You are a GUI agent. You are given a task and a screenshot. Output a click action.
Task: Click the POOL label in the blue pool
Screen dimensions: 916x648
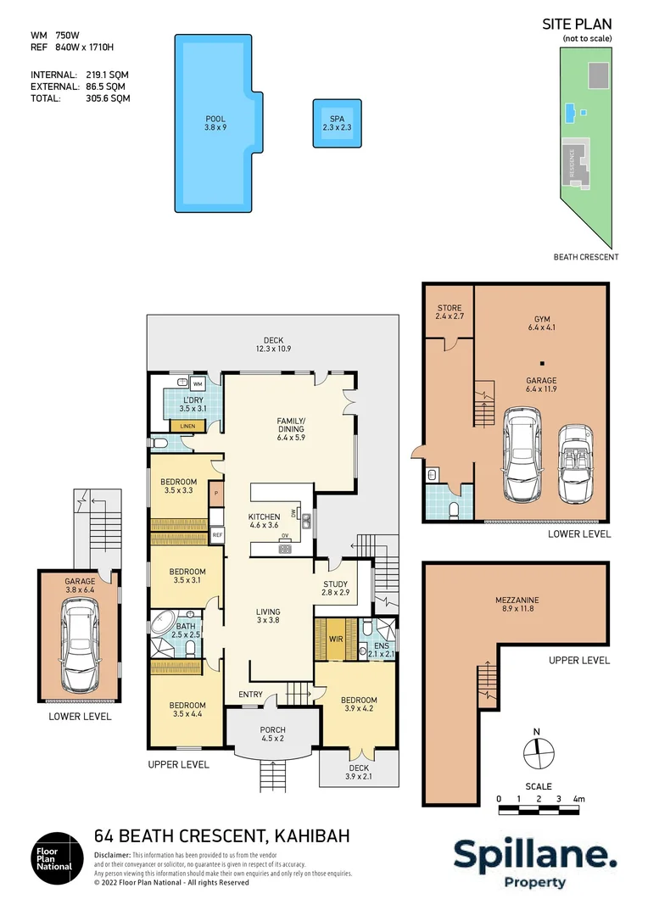215,119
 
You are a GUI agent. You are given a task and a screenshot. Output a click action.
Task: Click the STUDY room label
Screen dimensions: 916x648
336,584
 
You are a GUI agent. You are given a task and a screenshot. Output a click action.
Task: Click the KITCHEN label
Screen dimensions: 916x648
264,517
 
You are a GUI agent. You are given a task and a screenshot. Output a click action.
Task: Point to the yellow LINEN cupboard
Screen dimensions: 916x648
187,425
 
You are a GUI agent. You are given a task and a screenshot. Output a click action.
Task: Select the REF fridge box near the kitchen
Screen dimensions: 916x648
217,535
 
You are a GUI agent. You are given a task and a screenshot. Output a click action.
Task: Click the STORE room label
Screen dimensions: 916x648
449,308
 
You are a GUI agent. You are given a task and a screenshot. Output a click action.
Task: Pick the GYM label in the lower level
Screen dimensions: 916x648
540,321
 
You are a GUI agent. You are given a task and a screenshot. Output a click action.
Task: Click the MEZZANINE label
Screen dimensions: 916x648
516,600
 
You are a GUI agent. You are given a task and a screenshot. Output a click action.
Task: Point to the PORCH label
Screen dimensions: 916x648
272,730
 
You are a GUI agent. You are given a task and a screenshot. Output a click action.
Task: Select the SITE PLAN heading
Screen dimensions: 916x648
577,25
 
